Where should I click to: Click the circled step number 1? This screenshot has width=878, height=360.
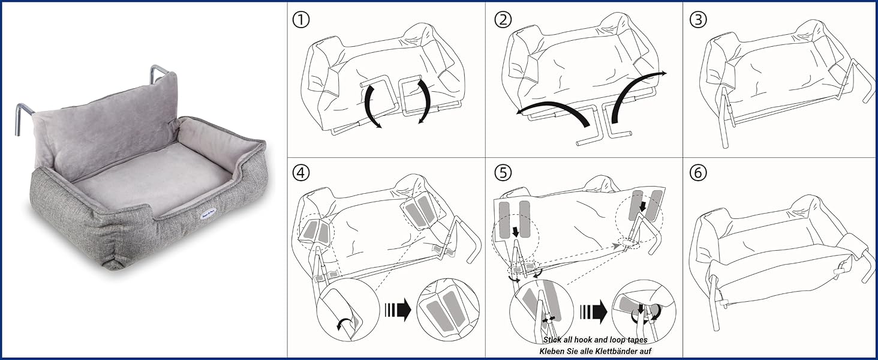(x=301, y=20)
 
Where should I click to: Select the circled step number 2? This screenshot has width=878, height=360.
(x=503, y=20)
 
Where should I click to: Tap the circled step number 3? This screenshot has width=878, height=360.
(x=698, y=20)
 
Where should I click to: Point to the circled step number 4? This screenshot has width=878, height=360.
(x=301, y=173)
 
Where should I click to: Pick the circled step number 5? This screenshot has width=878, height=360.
(x=503, y=173)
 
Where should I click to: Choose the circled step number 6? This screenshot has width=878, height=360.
(x=698, y=173)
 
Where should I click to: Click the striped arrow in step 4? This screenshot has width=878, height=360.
(x=397, y=311)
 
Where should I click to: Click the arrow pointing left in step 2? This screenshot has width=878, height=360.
(x=552, y=114)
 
